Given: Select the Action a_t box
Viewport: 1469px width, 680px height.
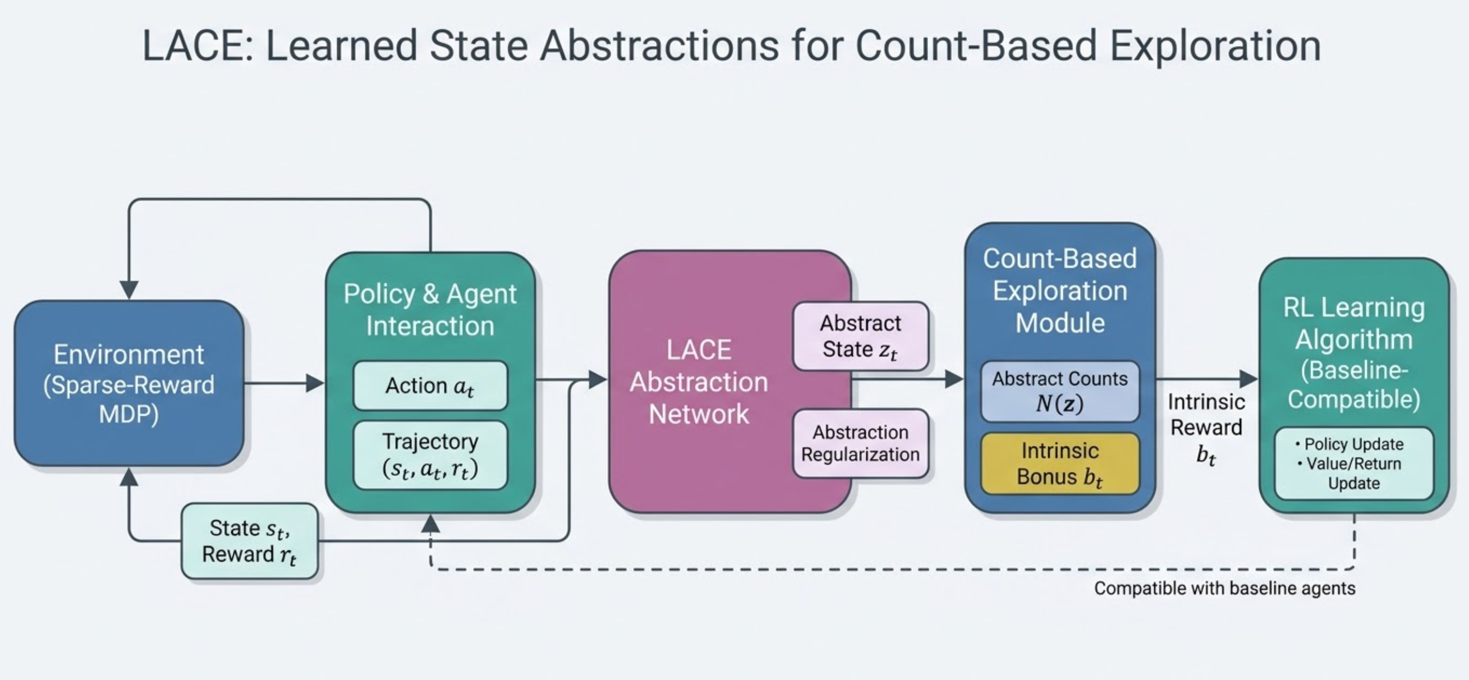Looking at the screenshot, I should tap(430, 386).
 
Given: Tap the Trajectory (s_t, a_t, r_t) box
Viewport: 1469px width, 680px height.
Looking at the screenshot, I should tap(430, 455).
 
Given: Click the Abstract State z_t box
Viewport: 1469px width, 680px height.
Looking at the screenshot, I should tap(860, 336).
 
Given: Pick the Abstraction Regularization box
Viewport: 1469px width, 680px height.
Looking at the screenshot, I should tap(860, 443).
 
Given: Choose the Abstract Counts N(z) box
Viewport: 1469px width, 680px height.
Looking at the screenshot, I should tap(1059, 391).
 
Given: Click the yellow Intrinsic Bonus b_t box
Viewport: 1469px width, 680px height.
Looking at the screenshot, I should tap(1059, 463).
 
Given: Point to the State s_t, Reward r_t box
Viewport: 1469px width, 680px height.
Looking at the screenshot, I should tap(249, 541).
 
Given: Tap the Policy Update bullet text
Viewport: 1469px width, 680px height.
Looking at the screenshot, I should tap(1353, 444).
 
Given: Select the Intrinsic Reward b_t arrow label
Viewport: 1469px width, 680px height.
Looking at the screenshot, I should tap(1205, 428).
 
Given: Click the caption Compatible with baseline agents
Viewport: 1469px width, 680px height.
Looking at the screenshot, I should tap(1224, 588).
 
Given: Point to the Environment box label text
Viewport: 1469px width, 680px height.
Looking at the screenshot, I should tap(129, 384).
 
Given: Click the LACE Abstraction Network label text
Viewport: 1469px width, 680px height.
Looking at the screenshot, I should tap(699, 382).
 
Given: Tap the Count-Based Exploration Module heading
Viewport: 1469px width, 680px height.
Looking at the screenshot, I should tap(1059, 291).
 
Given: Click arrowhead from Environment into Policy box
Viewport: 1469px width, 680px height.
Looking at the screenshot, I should tap(315, 383).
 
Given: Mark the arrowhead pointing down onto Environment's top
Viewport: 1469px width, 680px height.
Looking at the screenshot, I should tap(130, 289).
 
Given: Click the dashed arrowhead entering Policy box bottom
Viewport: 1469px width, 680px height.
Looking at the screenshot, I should tap(430, 523).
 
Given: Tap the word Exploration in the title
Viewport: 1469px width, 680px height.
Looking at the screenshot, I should tap(1215, 45).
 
